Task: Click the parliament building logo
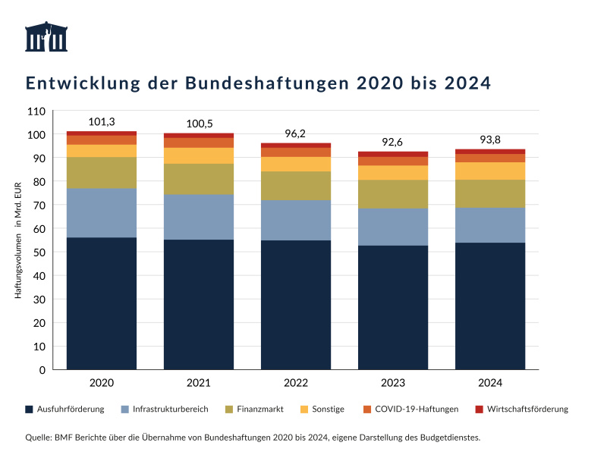pyautogui.click(x=47, y=37)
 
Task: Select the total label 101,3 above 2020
pyautogui.click(x=102, y=121)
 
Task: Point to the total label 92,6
pyautogui.click(x=393, y=142)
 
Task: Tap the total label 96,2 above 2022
pyautogui.click(x=296, y=133)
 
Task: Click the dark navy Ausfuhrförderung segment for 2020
pyautogui.click(x=102, y=303)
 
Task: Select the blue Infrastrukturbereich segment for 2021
pyautogui.click(x=199, y=217)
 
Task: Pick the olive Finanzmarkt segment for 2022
pyautogui.click(x=296, y=186)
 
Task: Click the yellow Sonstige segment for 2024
pyautogui.click(x=490, y=171)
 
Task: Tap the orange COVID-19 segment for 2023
pyautogui.click(x=393, y=161)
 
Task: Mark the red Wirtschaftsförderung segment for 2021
pyautogui.click(x=199, y=136)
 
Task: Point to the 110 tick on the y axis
pyautogui.click(x=36, y=111)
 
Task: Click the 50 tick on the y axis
pyautogui.click(x=39, y=253)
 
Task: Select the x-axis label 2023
pyautogui.click(x=393, y=383)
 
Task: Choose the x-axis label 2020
pyautogui.click(x=102, y=383)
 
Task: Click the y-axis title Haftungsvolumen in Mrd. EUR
pyautogui.click(x=17, y=240)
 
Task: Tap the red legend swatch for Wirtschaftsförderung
pyautogui.click(x=479, y=409)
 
